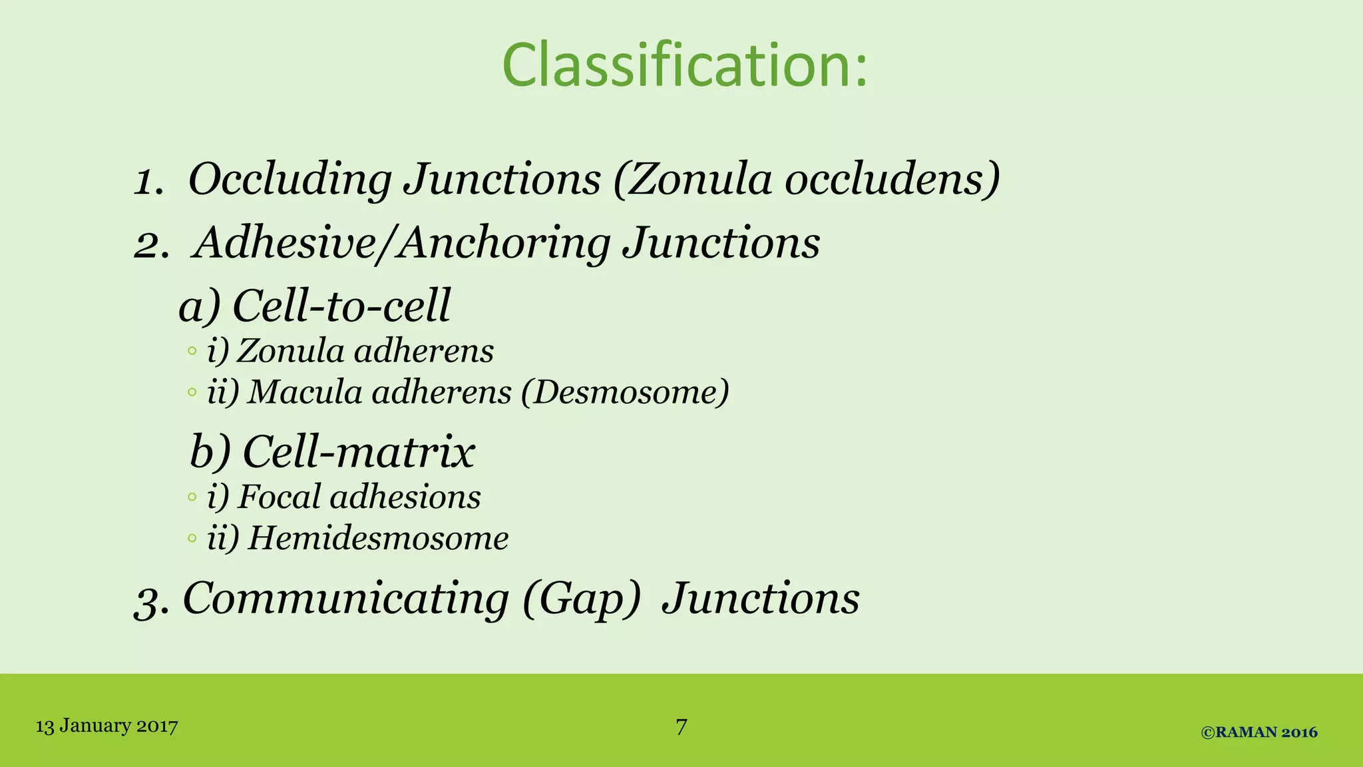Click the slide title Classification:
(x=685, y=65)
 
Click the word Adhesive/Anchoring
(x=402, y=243)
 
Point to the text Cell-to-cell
(x=341, y=306)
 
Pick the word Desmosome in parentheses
(x=625, y=392)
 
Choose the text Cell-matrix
(x=359, y=452)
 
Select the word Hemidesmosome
(x=378, y=539)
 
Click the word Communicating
(x=346, y=599)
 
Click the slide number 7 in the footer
(x=681, y=726)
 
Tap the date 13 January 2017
(x=106, y=726)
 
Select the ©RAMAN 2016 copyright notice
(x=1259, y=732)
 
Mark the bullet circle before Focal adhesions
(x=192, y=497)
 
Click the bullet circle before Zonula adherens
(x=192, y=351)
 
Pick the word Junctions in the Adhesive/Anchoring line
(x=721, y=243)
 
